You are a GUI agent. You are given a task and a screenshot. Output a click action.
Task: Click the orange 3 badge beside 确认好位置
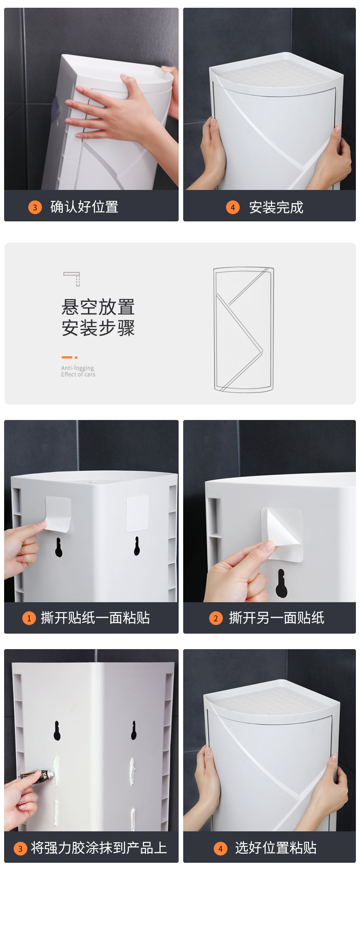pyautogui.click(x=35, y=207)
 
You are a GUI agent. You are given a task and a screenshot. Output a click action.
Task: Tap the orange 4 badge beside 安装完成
pyautogui.click(x=232, y=207)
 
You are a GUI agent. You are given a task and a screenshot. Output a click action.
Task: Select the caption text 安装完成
pyautogui.click(x=276, y=207)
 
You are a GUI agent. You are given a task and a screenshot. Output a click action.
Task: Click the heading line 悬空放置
pyautogui.click(x=98, y=307)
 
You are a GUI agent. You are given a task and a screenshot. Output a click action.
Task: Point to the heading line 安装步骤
pyautogui.click(x=98, y=328)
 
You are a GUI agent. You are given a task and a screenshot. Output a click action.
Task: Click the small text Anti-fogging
pyautogui.click(x=77, y=368)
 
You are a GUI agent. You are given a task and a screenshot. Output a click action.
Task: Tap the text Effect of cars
pyautogui.click(x=78, y=374)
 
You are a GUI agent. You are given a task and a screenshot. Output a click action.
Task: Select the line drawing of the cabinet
pyautogui.click(x=244, y=329)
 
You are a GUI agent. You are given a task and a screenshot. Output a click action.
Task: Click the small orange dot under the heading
pyautogui.click(x=76, y=358)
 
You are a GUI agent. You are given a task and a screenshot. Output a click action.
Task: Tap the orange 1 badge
pyautogui.click(x=29, y=618)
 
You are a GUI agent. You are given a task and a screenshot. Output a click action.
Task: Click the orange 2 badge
pyautogui.click(x=216, y=618)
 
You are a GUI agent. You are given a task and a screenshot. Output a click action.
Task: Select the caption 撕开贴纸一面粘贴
pyautogui.click(x=95, y=618)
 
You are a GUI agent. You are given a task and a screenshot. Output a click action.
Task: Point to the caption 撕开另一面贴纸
pyautogui.click(x=277, y=618)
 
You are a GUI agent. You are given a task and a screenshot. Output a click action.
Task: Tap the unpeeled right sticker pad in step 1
pyautogui.click(x=137, y=513)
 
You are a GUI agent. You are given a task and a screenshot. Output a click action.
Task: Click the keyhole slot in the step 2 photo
pyautogui.click(x=281, y=583)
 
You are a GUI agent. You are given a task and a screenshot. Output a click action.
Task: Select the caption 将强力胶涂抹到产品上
pyautogui.click(x=99, y=848)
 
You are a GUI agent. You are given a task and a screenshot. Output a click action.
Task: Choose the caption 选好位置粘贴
pyautogui.click(x=276, y=848)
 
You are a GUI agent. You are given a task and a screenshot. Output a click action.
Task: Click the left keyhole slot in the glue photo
pyautogui.click(x=57, y=731)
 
